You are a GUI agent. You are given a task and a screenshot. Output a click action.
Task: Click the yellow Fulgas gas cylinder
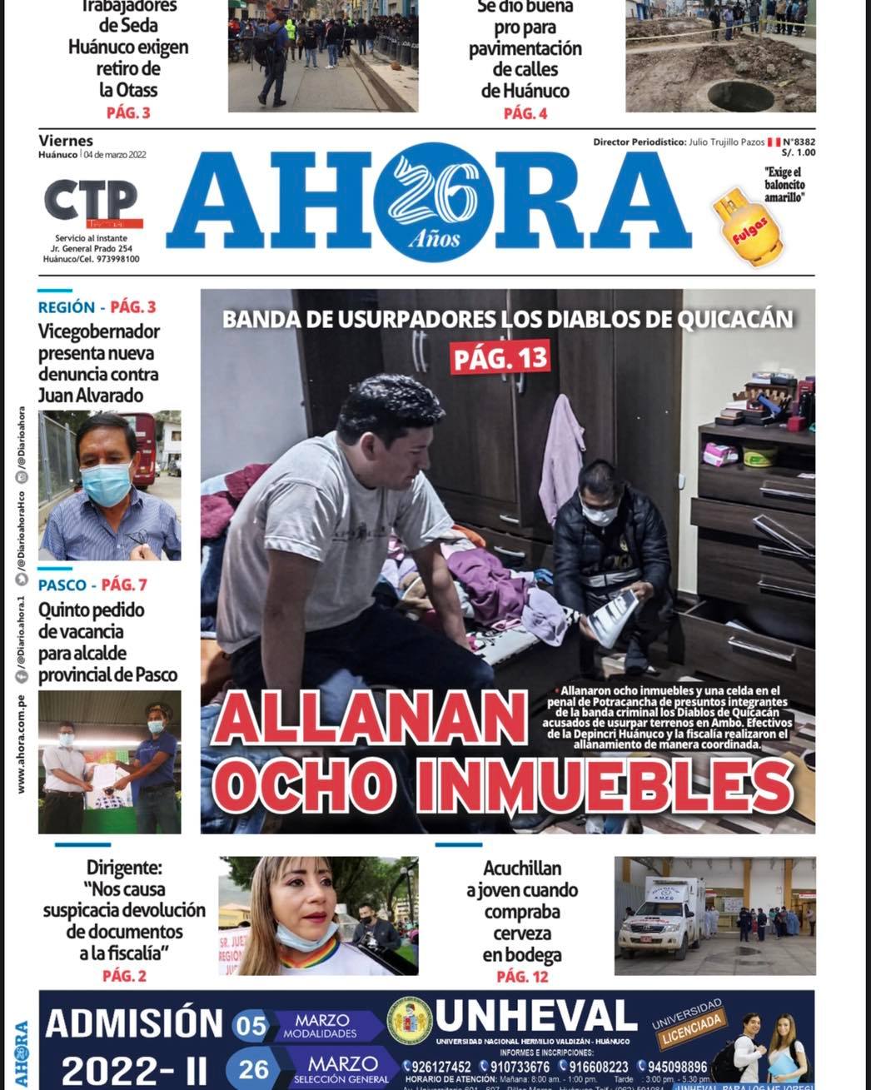point(747,227)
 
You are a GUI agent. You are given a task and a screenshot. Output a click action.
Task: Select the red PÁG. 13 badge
point(501,358)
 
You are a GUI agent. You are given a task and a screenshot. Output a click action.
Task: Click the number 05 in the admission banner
point(250,1027)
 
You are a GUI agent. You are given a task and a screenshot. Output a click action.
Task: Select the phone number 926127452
point(436,1067)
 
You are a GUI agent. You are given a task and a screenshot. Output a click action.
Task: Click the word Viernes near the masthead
point(66,141)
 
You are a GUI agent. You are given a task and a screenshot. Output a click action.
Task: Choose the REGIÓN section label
point(67,307)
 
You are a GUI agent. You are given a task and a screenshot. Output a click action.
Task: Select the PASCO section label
point(62,585)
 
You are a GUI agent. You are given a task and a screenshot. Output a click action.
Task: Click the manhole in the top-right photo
point(740,95)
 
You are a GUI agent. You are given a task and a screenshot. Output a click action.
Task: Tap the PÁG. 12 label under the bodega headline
point(522,976)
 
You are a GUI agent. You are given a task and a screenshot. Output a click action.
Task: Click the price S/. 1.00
point(798,153)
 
